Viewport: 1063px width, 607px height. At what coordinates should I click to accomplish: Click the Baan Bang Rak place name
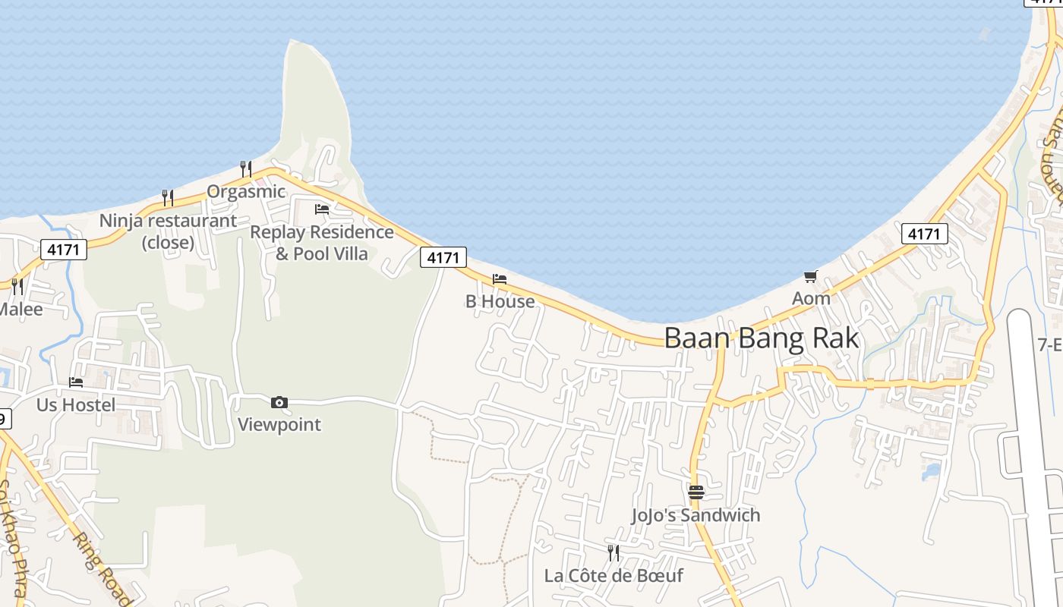[762, 338]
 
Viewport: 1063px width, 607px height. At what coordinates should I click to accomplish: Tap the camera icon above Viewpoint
[279, 402]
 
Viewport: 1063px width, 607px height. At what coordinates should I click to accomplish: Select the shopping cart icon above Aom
[811, 276]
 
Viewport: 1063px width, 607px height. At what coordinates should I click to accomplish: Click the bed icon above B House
[500, 279]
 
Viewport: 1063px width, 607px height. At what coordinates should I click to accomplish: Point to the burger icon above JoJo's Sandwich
[696, 492]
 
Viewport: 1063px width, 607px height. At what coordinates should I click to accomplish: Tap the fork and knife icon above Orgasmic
[245, 168]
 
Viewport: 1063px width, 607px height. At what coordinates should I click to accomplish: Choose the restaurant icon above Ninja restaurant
[168, 197]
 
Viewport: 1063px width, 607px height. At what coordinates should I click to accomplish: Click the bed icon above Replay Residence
[322, 209]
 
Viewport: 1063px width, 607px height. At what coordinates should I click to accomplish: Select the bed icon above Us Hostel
[76, 382]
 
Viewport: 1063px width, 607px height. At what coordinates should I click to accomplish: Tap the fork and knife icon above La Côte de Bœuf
[614, 552]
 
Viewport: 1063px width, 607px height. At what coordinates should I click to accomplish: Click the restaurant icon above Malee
[17, 286]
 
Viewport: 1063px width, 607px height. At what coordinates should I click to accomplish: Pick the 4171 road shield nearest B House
[443, 257]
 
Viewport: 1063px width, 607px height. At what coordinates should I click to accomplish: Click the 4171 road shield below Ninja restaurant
[64, 249]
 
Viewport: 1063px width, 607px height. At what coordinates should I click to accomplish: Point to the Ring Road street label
[101, 565]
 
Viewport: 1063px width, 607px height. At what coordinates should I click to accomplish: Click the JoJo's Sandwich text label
[696, 515]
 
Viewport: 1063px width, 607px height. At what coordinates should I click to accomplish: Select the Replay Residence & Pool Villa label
[322, 243]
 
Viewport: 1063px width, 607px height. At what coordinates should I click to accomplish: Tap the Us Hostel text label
[76, 405]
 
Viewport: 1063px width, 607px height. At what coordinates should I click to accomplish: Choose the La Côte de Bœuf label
[614, 575]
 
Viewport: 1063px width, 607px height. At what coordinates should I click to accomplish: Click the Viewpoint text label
[279, 424]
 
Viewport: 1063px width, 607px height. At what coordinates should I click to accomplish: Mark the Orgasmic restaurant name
[246, 191]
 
